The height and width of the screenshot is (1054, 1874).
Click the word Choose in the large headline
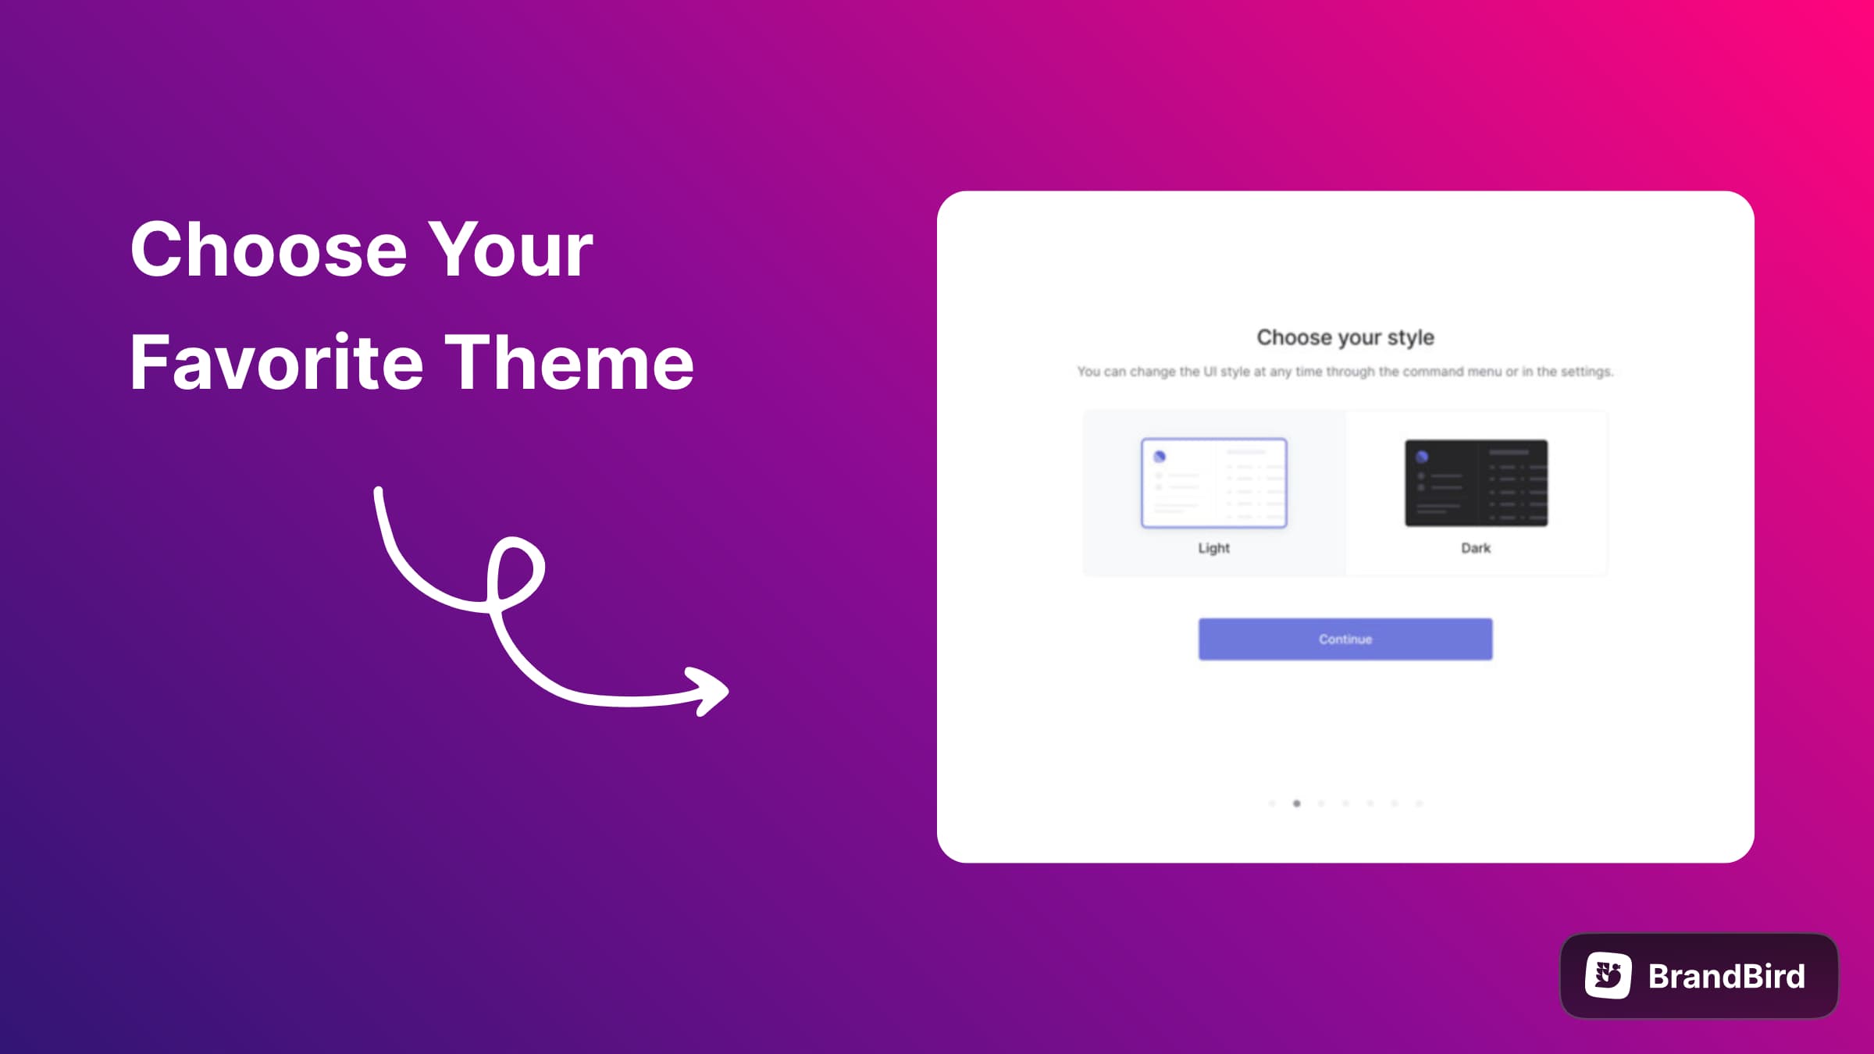269,249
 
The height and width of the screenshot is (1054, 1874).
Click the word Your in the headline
511,249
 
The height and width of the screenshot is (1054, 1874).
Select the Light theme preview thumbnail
1214,483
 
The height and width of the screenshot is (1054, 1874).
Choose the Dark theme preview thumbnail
1476,483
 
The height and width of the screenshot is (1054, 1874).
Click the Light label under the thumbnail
1214,548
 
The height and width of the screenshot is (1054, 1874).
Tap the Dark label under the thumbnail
1476,548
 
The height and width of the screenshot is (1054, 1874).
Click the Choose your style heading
1345,338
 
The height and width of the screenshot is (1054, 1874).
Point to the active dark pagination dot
1297,803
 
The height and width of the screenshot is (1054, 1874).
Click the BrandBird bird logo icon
1609,975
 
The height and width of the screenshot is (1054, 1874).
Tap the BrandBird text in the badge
1727,976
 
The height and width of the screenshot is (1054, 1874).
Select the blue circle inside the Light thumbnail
1160,457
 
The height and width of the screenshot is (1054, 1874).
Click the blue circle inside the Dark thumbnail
1422,457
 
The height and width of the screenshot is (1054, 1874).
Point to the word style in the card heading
1411,338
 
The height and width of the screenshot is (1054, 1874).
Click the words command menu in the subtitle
1452,372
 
